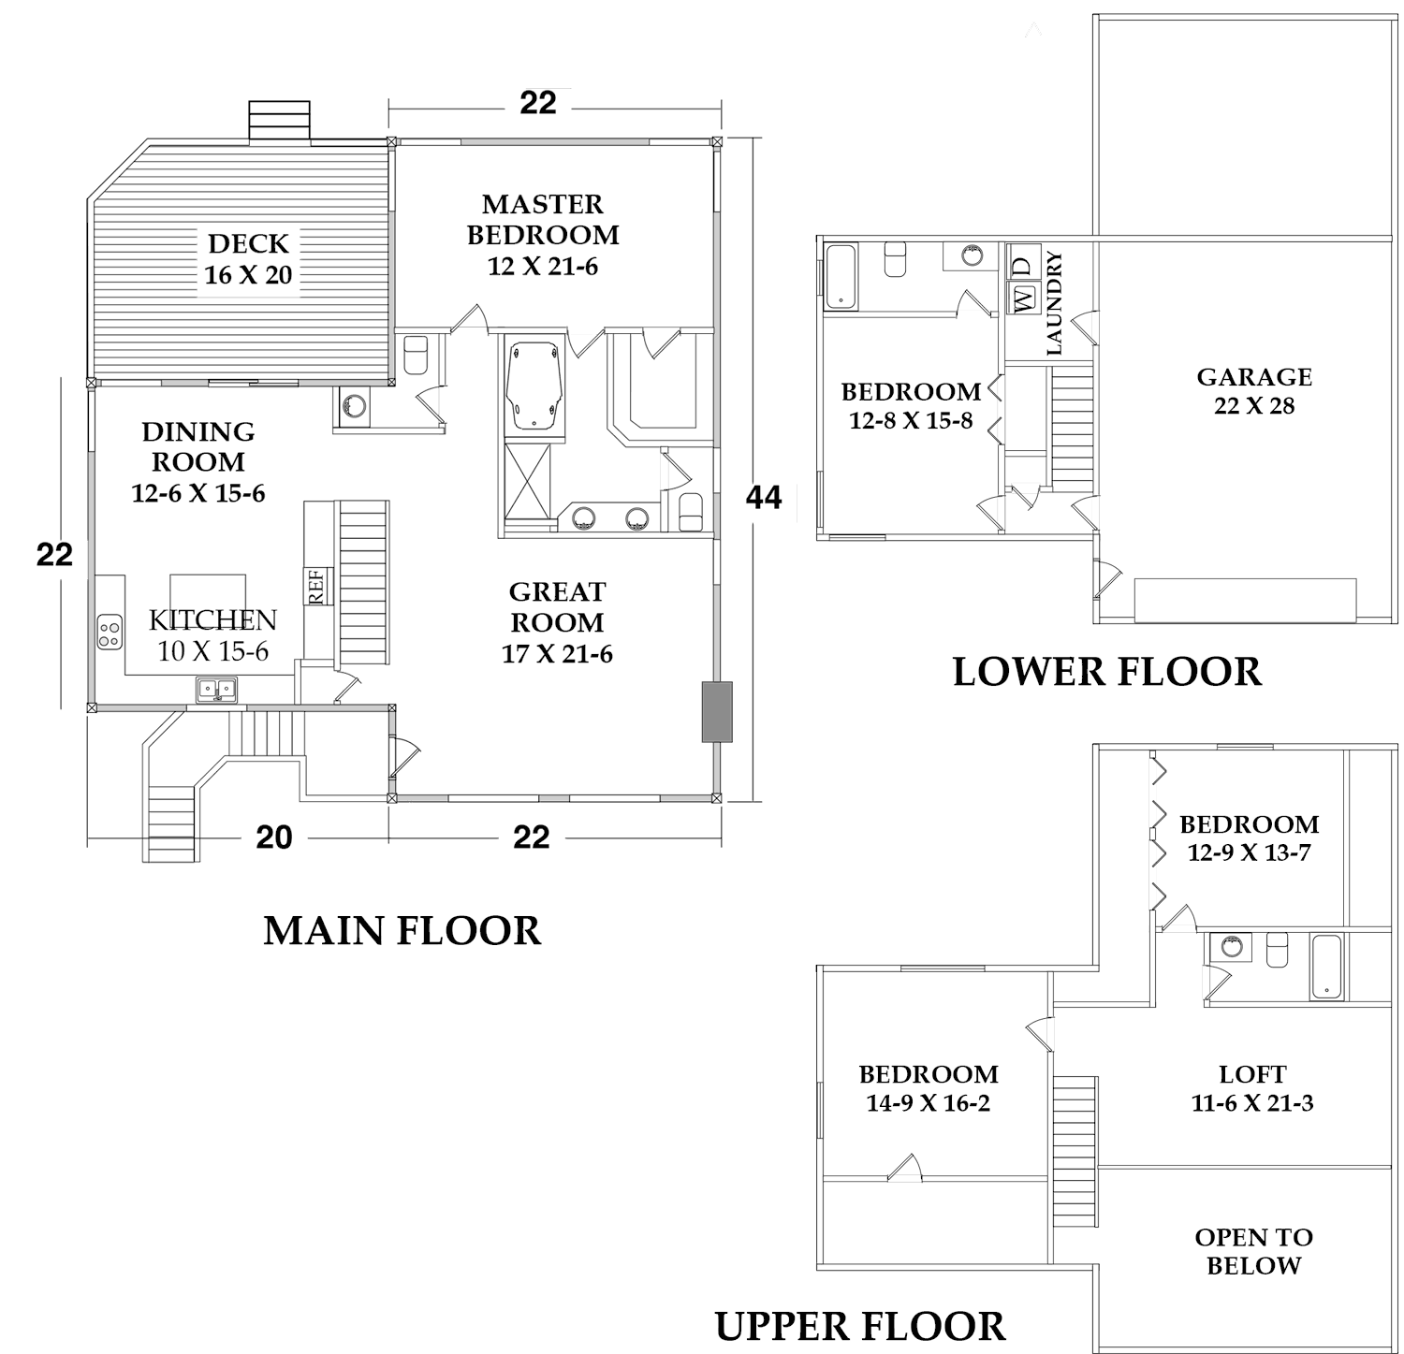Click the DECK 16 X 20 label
point(249,259)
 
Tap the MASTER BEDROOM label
point(543,235)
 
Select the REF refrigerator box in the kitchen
point(315,587)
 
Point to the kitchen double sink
point(217,691)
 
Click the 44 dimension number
point(764,498)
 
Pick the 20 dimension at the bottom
point(274,837)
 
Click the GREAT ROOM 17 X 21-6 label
point(557,622)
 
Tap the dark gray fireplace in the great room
point(717,712)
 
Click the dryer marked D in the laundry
point(1023,265)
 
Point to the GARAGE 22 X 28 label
point(1254,390)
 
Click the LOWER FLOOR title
point(1106,672)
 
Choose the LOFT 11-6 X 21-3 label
point(1252,1088)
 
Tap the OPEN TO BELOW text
point(1253,1251)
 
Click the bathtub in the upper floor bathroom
point(1325,967)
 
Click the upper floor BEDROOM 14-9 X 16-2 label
point(928,1088)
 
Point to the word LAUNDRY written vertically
point(1054,303)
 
